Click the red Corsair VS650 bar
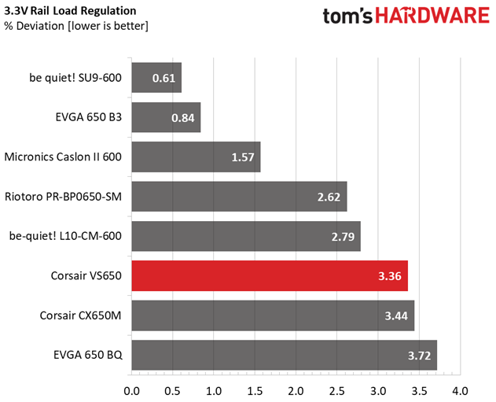pos(270,276)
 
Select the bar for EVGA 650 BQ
pos(285,356)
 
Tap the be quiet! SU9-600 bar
pos(156,78)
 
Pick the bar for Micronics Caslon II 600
pos(196,157)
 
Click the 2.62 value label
pos(328,197)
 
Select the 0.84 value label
pos(182,118)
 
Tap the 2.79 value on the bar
pos(341,236)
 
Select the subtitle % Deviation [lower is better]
pos(76,26)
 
